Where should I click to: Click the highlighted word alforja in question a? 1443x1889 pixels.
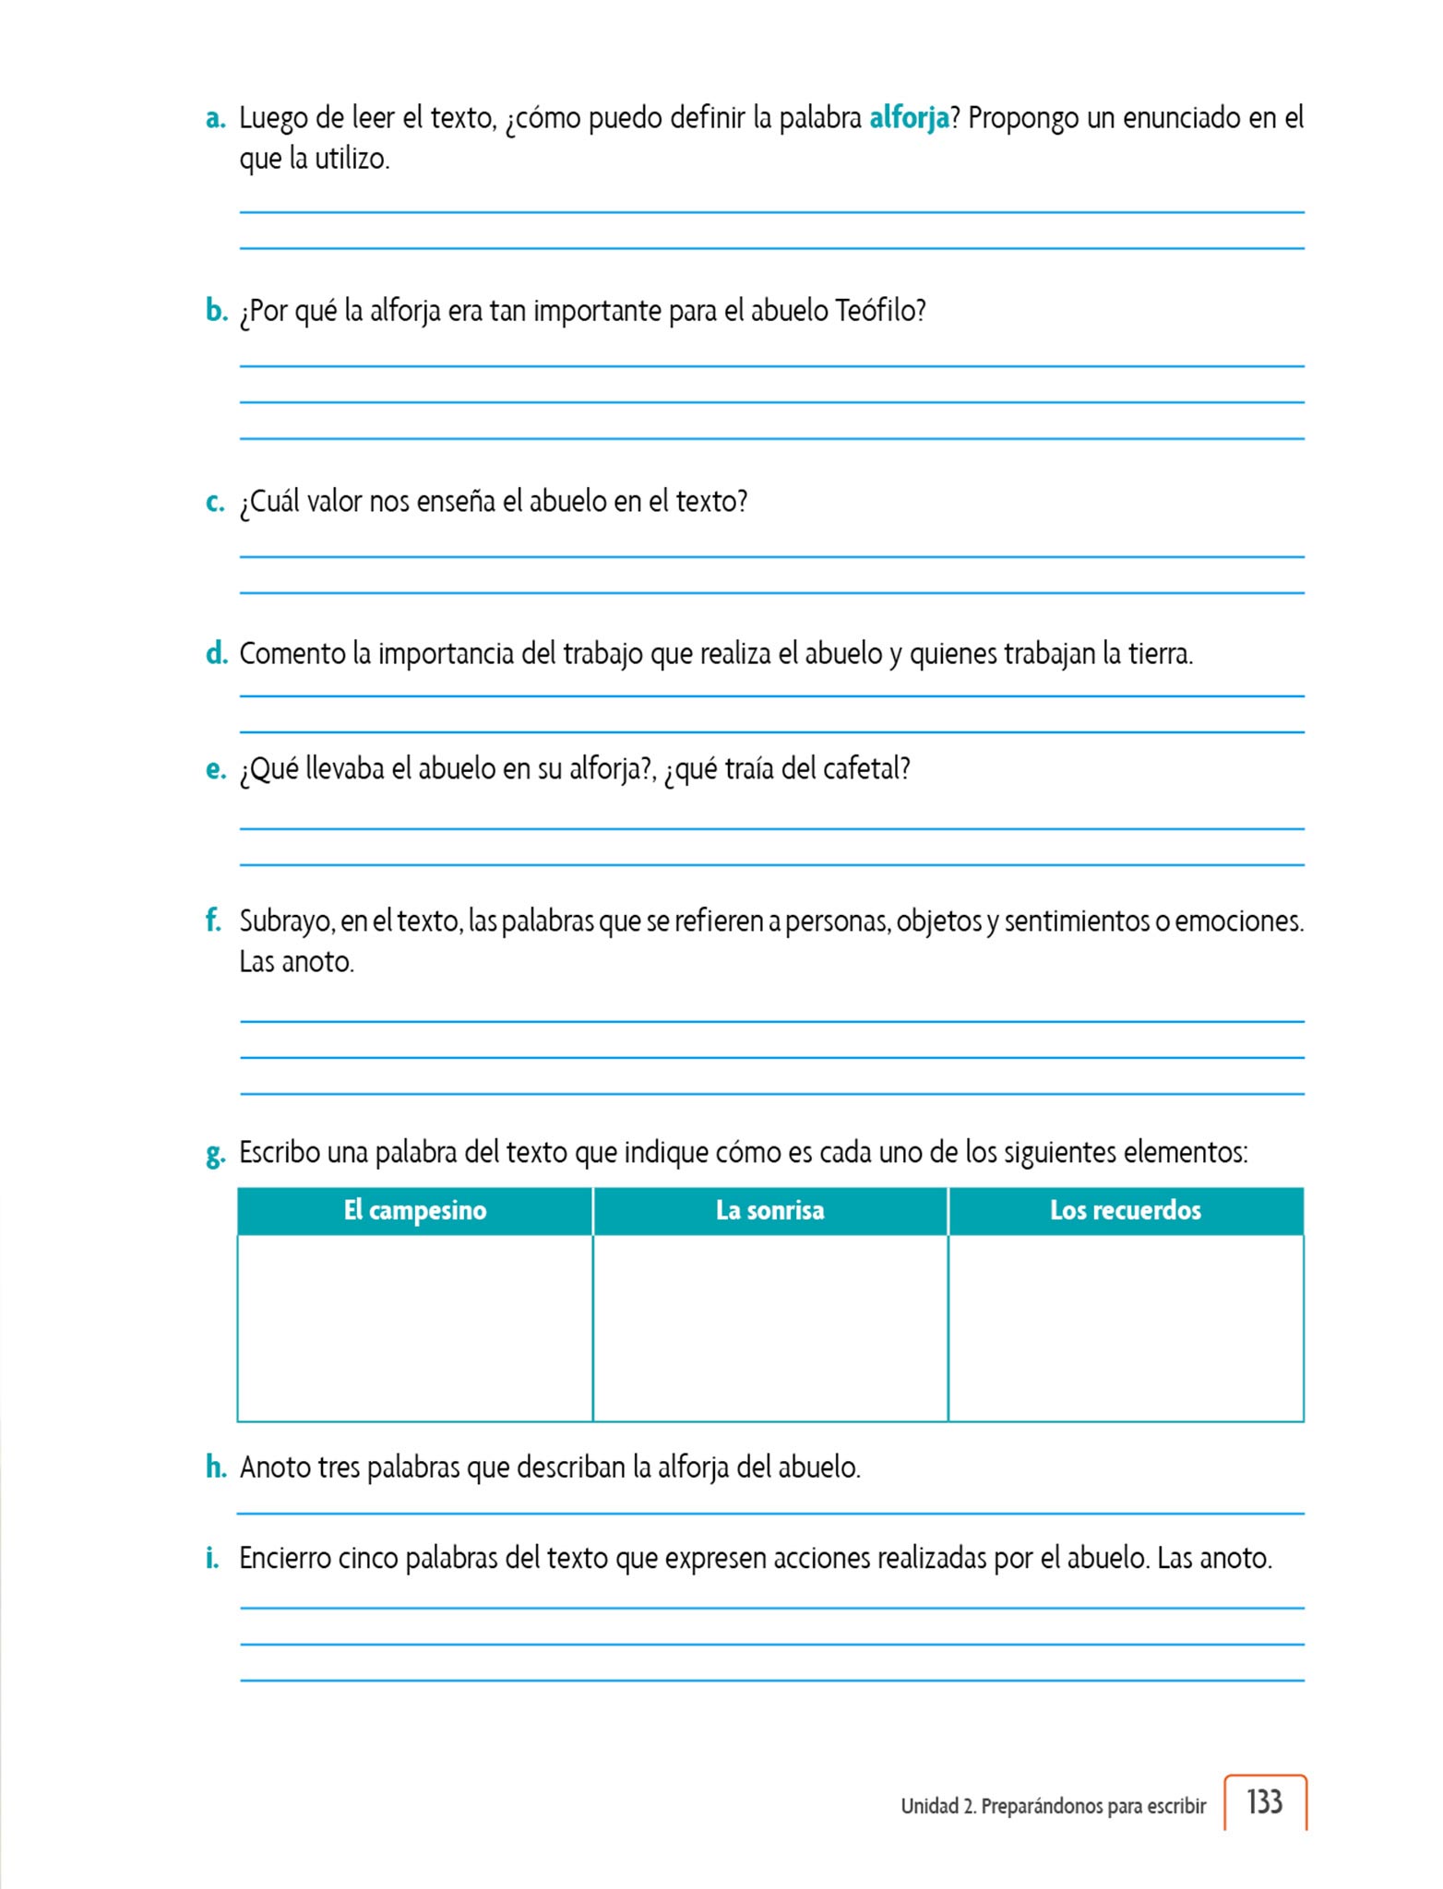909,119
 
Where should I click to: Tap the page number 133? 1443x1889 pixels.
1264,1801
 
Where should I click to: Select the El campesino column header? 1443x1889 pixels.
414,1210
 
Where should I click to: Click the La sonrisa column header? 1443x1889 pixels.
769,1210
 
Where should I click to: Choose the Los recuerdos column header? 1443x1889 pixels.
1125,1210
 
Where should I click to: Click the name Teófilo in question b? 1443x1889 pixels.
879,311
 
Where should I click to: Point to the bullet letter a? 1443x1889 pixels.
216,120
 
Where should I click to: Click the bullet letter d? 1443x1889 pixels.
216,654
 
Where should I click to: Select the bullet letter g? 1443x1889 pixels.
216,1154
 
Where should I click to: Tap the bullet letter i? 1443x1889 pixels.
213,1558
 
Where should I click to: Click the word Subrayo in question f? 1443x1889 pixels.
285,921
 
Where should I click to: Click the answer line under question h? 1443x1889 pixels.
769,1513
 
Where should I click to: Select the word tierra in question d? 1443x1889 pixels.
1161,654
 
